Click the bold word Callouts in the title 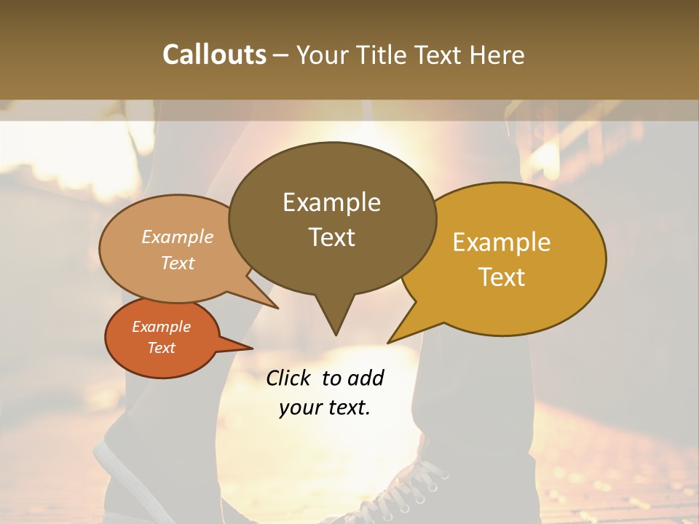pos(214,55)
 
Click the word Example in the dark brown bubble pos(331,202)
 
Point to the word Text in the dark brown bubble pos(331,237)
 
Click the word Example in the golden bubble pos(502,242)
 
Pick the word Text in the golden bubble pos(502,277)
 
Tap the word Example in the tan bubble pos(177,237)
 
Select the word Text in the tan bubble pos(177,263)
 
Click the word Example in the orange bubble pos(161,327)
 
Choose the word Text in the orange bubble pos(161,348)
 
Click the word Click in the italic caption pos(288,378)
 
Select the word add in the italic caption pos(365,378)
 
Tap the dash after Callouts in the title pos(282,55)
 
